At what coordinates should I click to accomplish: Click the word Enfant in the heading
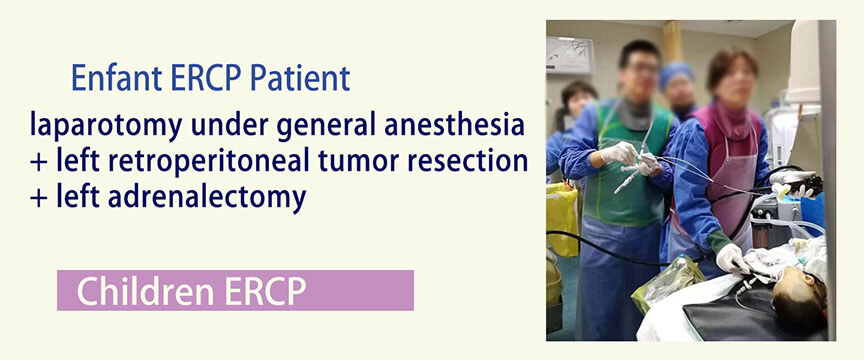point(117,78)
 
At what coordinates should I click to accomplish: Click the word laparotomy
point(106,126)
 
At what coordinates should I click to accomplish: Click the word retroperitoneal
point(215,162)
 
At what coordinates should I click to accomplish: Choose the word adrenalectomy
point(207,198)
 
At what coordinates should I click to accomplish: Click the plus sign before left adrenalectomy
point(39,198)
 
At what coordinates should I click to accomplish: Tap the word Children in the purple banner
point(145,291)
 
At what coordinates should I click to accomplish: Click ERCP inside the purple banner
point(264,291)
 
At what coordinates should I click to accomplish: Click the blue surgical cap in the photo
point(676,74)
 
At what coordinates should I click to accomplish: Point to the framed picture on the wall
point(570,55)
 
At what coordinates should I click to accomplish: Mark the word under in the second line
point(229,126)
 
